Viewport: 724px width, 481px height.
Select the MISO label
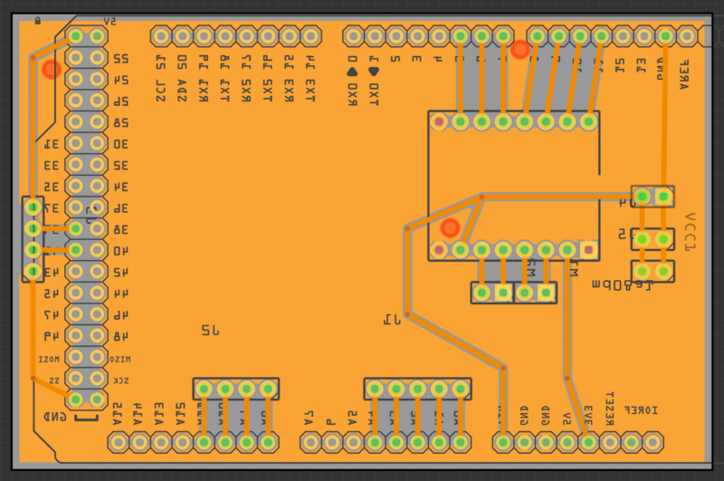(120, 360)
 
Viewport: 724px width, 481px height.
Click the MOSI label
(47, 360)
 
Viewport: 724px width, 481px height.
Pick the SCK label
(120, 381)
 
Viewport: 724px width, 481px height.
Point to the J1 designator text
(392, 319)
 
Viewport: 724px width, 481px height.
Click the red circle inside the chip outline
(450, 228)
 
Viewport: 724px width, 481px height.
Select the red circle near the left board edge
(52, 68)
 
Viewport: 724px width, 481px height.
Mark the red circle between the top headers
(519, 50)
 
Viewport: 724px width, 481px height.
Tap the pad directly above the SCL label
(161, 36)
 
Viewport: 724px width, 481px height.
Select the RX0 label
(353, 94)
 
